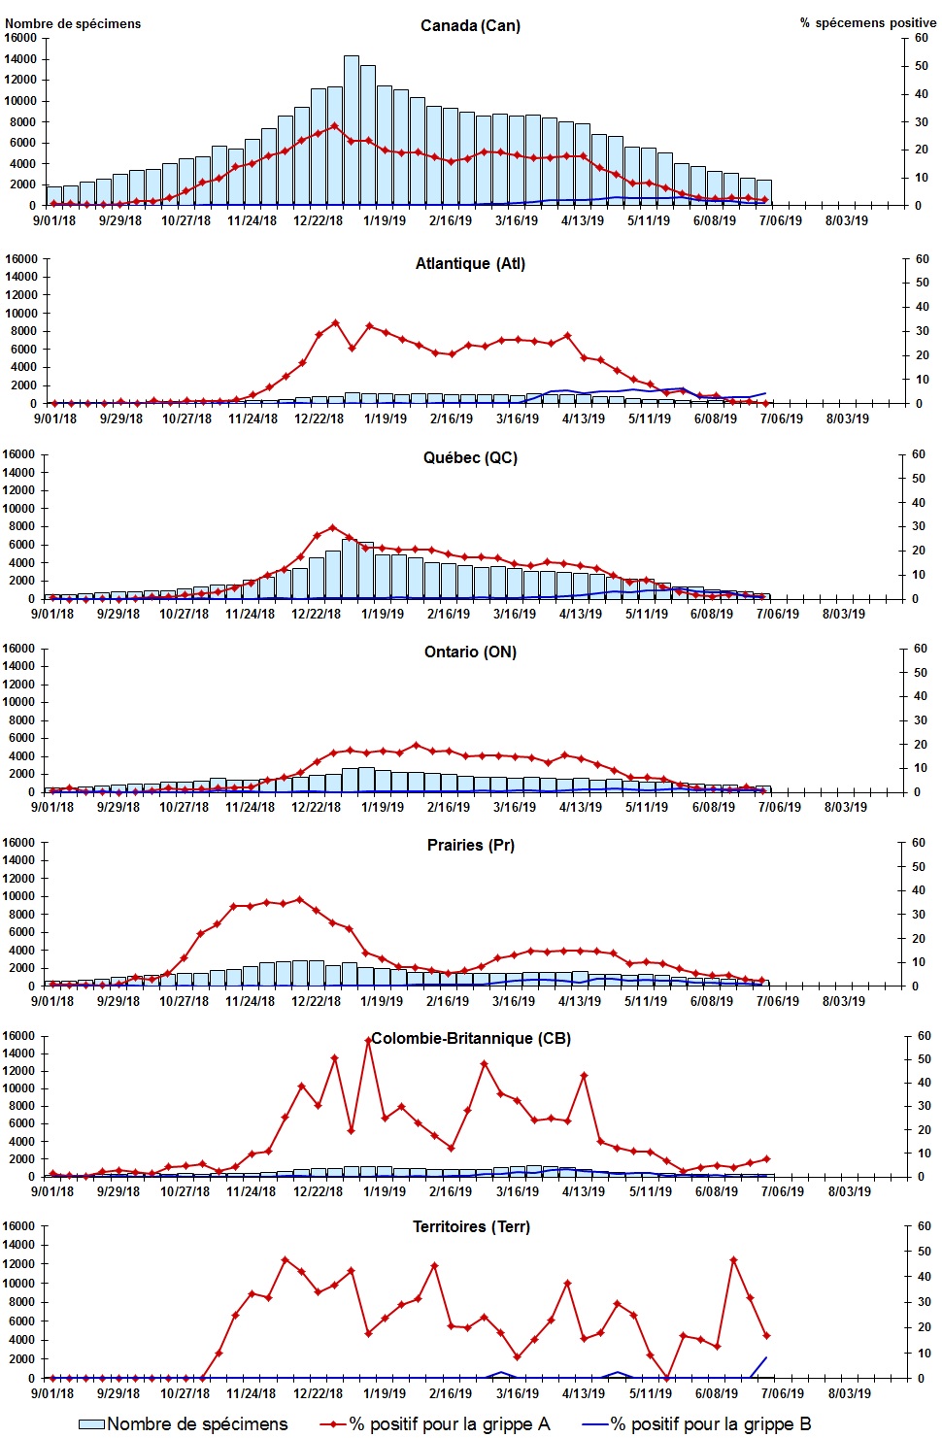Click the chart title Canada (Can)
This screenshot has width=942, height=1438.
click(470, 25)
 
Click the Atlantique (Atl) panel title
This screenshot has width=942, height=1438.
click(470, 263)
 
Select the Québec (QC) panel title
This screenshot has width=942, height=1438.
click(470, 457)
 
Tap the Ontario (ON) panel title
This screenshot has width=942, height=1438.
click(470, 652)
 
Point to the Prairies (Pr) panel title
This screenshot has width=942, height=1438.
click(470, 845)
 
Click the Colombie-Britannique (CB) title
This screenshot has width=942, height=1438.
click(471, 1038)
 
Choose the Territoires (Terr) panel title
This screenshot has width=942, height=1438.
click(471, 1226)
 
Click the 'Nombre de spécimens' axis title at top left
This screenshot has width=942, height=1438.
click(73, 23)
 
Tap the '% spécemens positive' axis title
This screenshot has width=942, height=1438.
click(868, 22)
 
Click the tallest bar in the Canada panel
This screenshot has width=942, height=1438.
click(352, 130)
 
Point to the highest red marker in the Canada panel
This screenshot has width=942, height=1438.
click(335, 125)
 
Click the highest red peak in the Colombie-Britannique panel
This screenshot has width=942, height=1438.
click(368, 1040)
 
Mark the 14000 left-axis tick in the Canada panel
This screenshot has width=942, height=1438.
click(20, 59)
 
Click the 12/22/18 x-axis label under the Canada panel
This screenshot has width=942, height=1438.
click(318, 220)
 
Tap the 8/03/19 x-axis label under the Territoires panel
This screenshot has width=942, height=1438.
click(849, 1393)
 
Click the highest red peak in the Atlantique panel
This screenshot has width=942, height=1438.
click(335, 322)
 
